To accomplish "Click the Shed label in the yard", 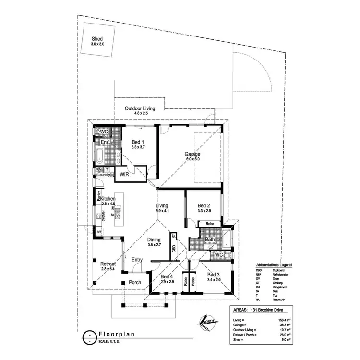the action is [x=97, y=40].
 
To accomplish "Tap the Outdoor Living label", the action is [x=140, y=109].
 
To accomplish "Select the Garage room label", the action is [x=192, y=154].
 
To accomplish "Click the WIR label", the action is [x=124, y=174].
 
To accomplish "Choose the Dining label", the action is [x=154, y=240].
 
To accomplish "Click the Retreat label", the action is [x=108, y=264].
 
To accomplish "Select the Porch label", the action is [x=135, y=282].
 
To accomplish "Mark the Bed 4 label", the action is [x=167, y=277].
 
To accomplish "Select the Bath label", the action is [x=210, y=239].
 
